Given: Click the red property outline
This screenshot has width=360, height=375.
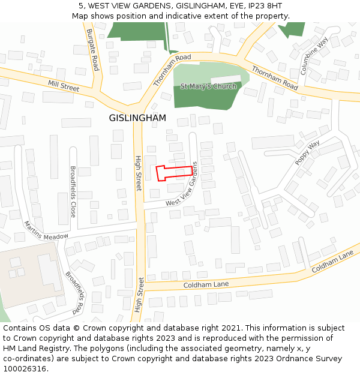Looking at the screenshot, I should click(174, 173).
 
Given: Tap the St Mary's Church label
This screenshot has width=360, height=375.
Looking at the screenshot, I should click(208, 86).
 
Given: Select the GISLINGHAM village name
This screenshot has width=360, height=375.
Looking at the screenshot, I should click(137, 118).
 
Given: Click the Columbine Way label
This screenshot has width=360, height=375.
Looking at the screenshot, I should click(314, 55).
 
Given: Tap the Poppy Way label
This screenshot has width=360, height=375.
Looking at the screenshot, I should click(307, 153).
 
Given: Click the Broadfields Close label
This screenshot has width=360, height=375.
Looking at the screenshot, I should click(73, 191).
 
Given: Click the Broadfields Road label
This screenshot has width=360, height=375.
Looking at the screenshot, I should click(75, 293).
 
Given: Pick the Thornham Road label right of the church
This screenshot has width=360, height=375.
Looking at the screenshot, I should click(275, 78).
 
